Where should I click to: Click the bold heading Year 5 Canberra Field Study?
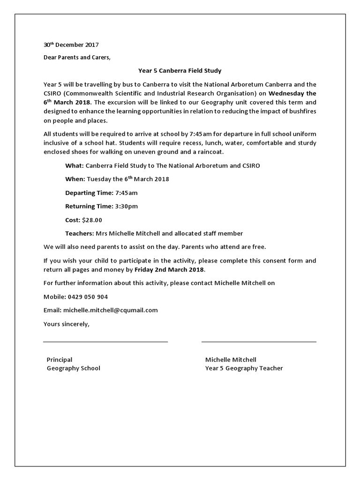tap(180, 71)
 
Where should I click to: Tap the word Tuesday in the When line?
tap(100, 179)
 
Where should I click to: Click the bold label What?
tap(74, 165)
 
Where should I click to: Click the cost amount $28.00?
tap(92, 220)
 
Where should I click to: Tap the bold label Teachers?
tap(79, 233)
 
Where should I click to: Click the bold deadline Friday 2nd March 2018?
tap(169, 270)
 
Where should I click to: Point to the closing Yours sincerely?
tap(66, 323)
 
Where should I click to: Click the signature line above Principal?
tap(105, 342)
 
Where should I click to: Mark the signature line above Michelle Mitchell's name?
tap(259, 342)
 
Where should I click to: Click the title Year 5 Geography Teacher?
tap(244, 368)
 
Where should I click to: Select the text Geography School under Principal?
tap(73, 368)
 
